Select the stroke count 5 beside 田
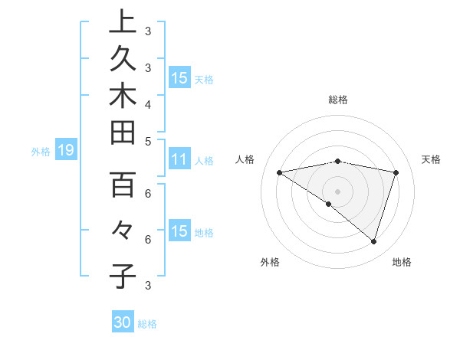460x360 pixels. (x=147, y=141)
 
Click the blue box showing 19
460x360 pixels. (x=65, y=151)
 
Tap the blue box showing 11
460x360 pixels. (x=179, y=160)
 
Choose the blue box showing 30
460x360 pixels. (x=123, y=322)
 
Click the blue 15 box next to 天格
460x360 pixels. (x=179, y=78)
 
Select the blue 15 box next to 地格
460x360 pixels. (x=179, y=232)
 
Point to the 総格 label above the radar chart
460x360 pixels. (x=337, y=100)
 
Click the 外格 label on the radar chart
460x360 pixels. (x=270, y=262)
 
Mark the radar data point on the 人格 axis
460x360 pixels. (x=280, y=172)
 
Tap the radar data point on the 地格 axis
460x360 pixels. (x=374, y=241)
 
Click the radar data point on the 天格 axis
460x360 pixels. (x=396, y=172)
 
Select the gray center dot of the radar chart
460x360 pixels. (x=337, y=191)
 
